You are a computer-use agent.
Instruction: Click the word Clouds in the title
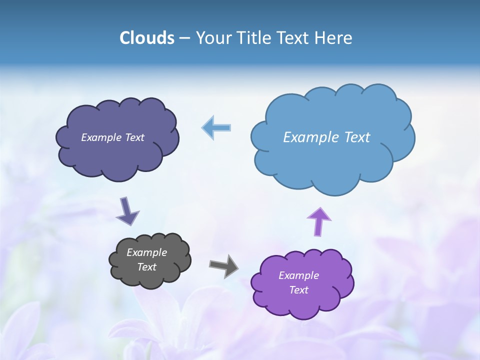(147, 38)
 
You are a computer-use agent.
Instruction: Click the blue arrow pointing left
(216, 127)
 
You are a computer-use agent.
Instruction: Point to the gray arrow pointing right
(223, 265)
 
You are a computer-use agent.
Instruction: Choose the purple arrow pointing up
(319, 221)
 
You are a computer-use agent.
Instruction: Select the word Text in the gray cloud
(147, 267)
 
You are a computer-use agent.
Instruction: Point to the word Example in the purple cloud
(298, 275)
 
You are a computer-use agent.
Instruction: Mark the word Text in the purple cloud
(298, 290)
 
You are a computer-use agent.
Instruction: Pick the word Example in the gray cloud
(147, 252)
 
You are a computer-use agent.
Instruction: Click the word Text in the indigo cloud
(134, 137)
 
